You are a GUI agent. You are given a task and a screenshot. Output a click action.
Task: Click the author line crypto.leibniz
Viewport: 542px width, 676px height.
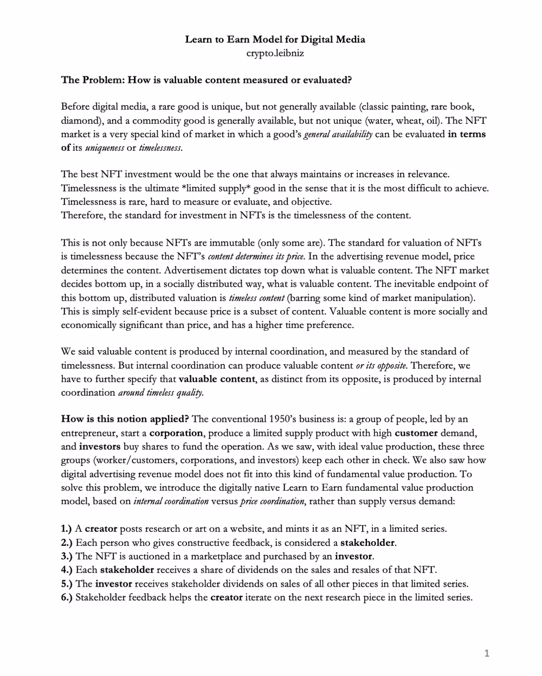point(275,53)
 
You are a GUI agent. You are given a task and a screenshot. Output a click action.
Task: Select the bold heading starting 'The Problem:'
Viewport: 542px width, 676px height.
point(207,80)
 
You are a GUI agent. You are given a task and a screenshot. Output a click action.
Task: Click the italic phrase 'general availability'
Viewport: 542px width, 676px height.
point(338,134)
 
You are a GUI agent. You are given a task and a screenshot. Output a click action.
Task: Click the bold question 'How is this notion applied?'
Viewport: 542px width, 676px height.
point(125,419)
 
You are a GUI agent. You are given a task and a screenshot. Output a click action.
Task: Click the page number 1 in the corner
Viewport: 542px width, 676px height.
point(486,654)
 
